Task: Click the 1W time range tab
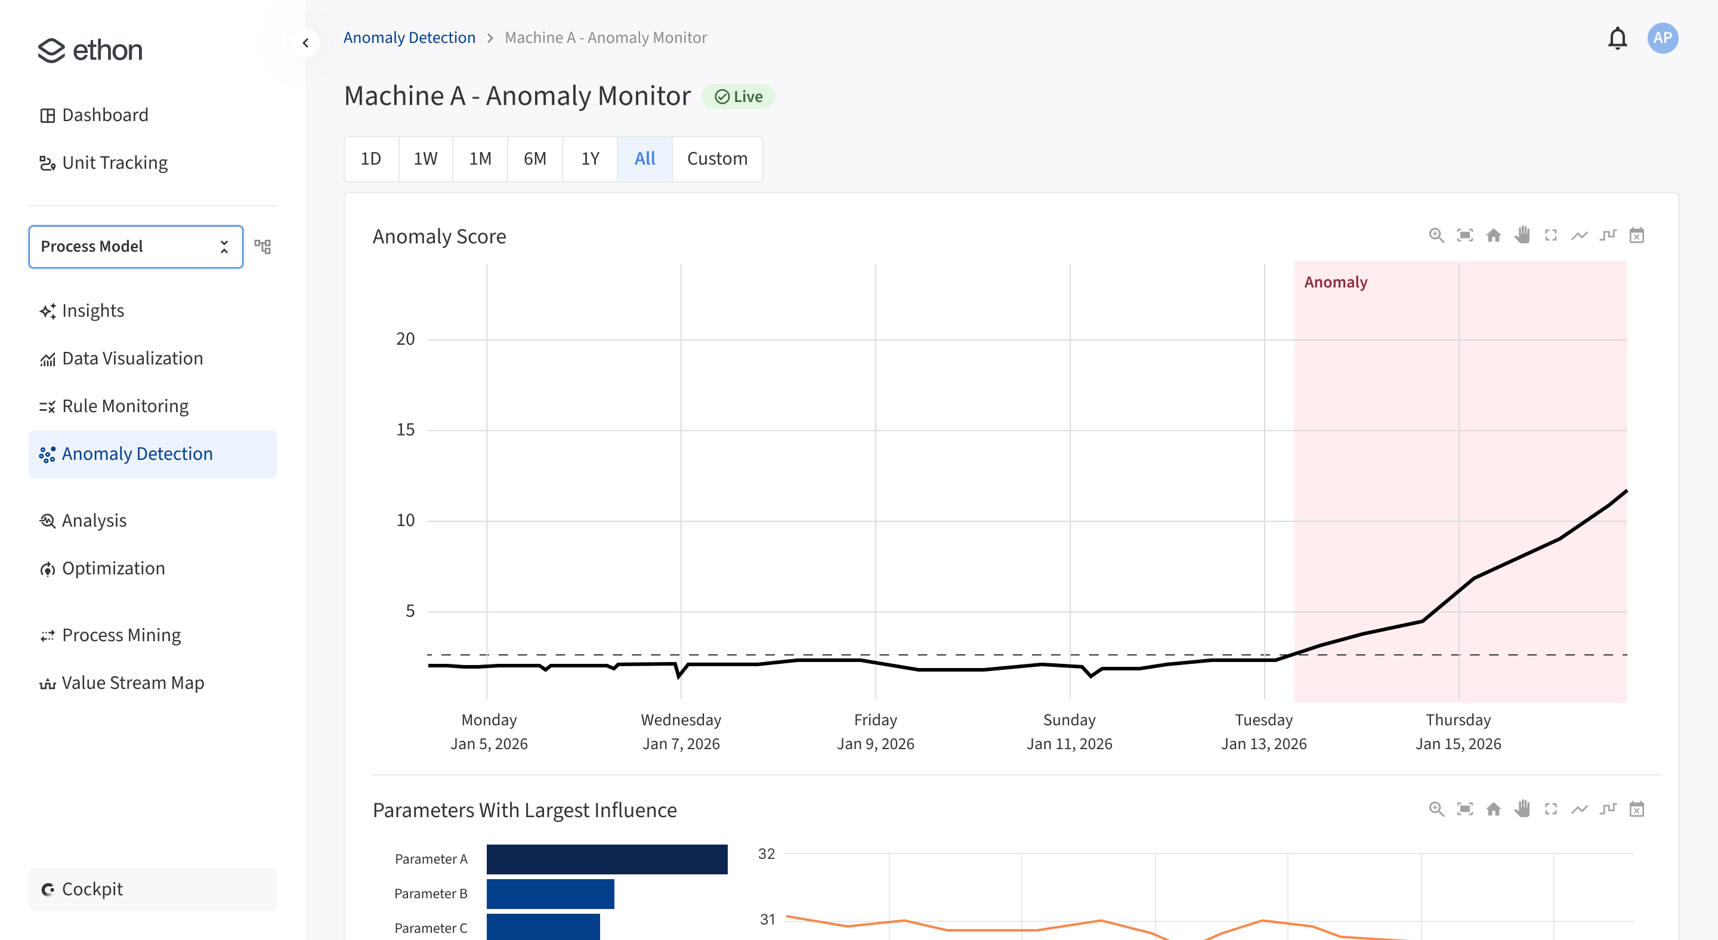(425, 159)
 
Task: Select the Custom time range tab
(717, 159)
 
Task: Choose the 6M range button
(535, 159)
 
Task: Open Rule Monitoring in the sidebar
(125, 406)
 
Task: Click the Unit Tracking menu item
(114, 163)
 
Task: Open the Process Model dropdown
(135, 247)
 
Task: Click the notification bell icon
(1617, 38)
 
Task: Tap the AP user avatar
(1662, 38)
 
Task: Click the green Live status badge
(739, 97)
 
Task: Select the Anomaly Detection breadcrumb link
(409, 38)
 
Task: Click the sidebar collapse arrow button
(305, 44)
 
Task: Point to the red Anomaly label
(1335, 282)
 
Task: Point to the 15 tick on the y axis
(406, 430)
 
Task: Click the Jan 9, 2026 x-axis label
(875, 743)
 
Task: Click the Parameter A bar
(607, 859)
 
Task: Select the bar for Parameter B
(550, 893)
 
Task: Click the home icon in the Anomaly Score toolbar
(1493, 236)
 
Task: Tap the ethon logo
(90, 51)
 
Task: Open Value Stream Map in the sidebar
(132, 683)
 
